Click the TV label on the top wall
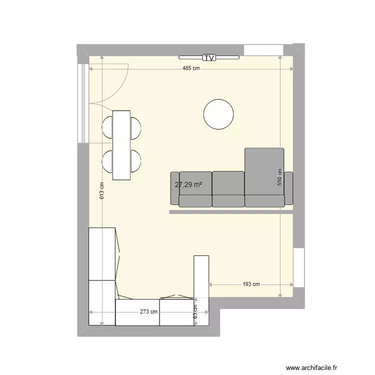tap(209, 58)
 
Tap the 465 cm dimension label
tap(191, 68)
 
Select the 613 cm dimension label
tap(101, 190)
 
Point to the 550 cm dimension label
tap(280, 177)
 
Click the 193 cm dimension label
tap(251, 284)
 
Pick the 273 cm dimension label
tap(148, 312)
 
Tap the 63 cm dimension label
tap(195, 312)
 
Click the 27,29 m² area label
tap(188, 184)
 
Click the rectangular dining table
tap(121, 145)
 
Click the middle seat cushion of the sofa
tap(228, 189)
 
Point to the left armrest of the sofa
tap(174, 188)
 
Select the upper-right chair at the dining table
tap(135, 127)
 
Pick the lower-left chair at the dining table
tap(107, 161)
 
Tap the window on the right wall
tap(298, 267)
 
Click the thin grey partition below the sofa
tap(230, 212)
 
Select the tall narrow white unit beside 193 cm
tap(201, 290)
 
